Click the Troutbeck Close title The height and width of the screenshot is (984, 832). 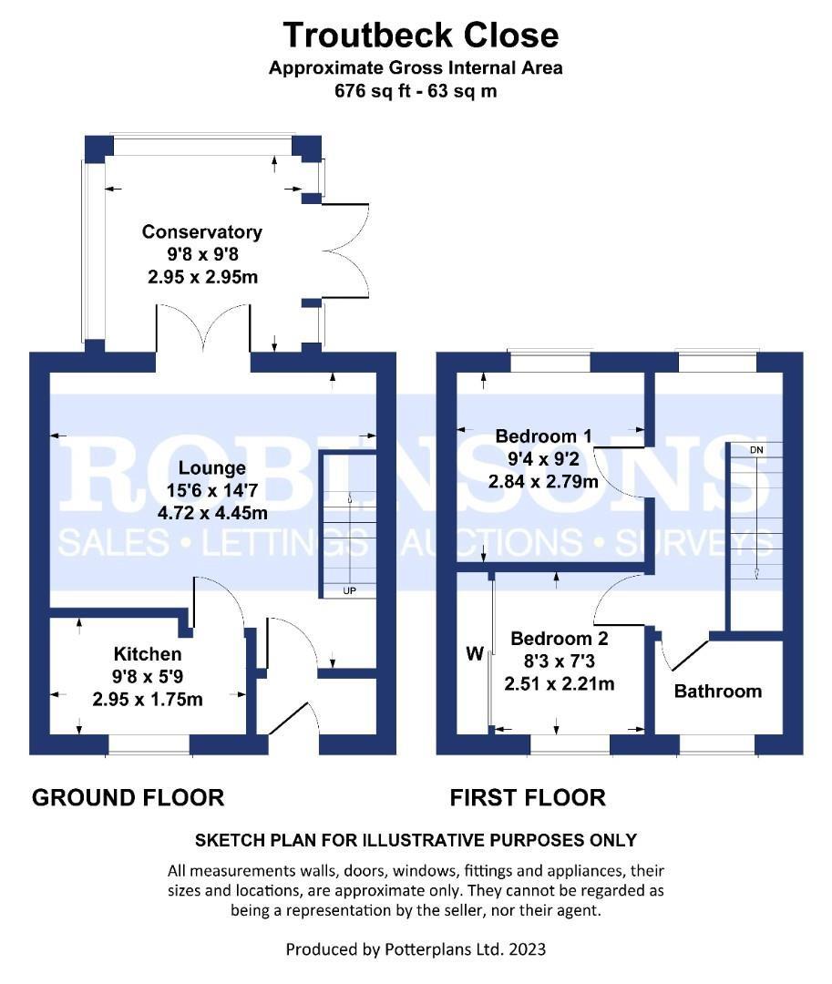pyautogui.click(x=420, y=36)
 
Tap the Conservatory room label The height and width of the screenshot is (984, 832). pyautogui.click(x=202, y=231)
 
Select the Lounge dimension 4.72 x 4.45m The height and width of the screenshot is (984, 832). pyautogui.click(x=212, y=513)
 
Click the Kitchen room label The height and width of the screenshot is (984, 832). pyautogui.click(x=148, y=654)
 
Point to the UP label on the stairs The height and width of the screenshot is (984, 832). pyautogui.click(x=350, y=590)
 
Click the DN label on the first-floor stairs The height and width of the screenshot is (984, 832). pyautogui.click(x=756, y=450)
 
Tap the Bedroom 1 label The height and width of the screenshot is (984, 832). pyautogui.click(x=543, y=436)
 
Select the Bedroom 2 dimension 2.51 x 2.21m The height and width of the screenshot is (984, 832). pyautogui.click(x=559, y=683)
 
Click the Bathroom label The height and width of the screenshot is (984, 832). pyautogui.click(x=718, y=691)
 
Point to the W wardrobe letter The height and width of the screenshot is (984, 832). pyautogui.click(x=475, y=654)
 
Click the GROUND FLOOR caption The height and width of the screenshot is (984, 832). pyautogui.click(x=128, y=797)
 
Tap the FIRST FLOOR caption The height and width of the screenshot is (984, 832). pyautogui.click(x=528, y=797)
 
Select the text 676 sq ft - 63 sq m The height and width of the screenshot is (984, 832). pyautogui.click(x=416, y=91)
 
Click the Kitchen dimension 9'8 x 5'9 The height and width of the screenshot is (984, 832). pyautogui.click(x=148, y=676)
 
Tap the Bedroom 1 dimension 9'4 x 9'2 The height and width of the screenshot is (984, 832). pyautogui.click(x=543, y=458)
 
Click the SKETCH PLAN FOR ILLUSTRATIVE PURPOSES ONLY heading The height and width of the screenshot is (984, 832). pyautogui.click(x=416, y=840)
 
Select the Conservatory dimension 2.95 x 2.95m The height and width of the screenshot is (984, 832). pyautogui.click(x=202, y=277)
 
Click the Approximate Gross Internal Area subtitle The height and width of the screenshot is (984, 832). pyautogui.click(x=416, y=67)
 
